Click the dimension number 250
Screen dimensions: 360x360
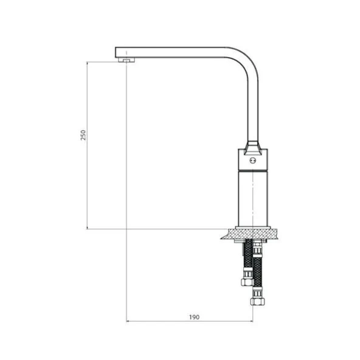point(83,135)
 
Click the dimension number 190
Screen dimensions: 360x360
point(194,317)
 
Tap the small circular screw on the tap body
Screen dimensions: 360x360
point(253,161)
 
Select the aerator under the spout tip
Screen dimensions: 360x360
point(126,60)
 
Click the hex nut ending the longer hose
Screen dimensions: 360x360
point(257,302)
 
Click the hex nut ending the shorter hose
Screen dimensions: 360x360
point(247,282)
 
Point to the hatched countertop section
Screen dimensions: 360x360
point(251,234)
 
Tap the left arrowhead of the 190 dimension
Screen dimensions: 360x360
point(128,321)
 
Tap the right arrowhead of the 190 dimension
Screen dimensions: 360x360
point(251,321)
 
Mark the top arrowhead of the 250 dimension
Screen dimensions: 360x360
point(87,63)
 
